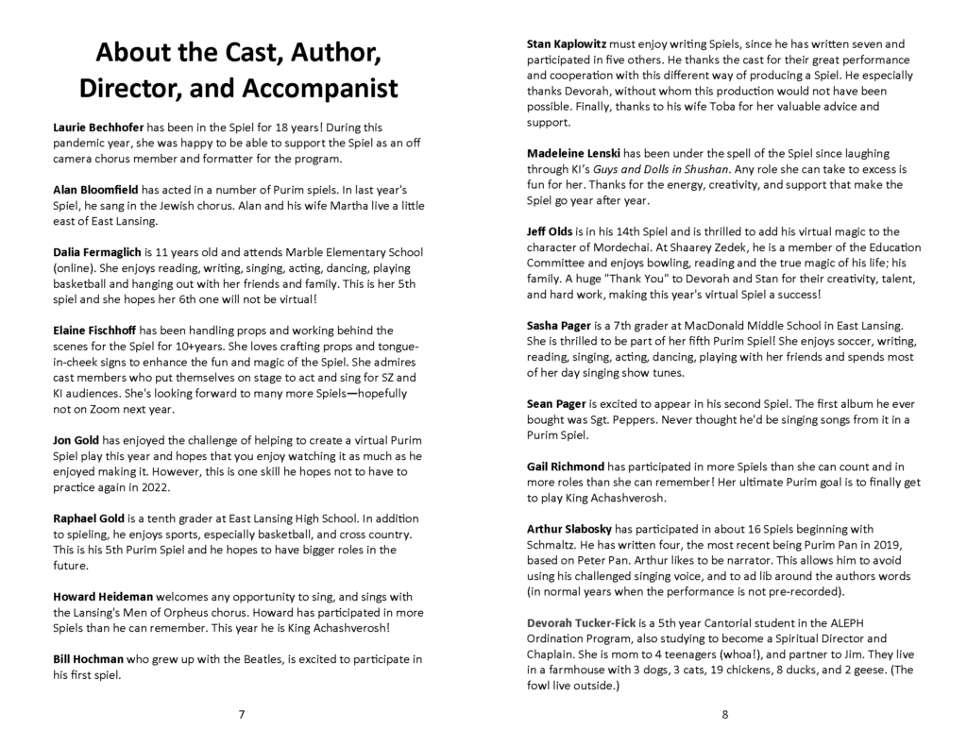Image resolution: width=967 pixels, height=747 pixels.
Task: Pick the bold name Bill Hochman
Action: click(x=88, y=659)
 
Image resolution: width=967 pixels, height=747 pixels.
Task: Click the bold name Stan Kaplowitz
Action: click(x=571, y=44)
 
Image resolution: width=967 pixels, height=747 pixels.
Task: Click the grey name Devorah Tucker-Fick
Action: click(x=585, y=622)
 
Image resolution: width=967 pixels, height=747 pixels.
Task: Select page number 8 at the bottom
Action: click(x=724, y=714)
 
